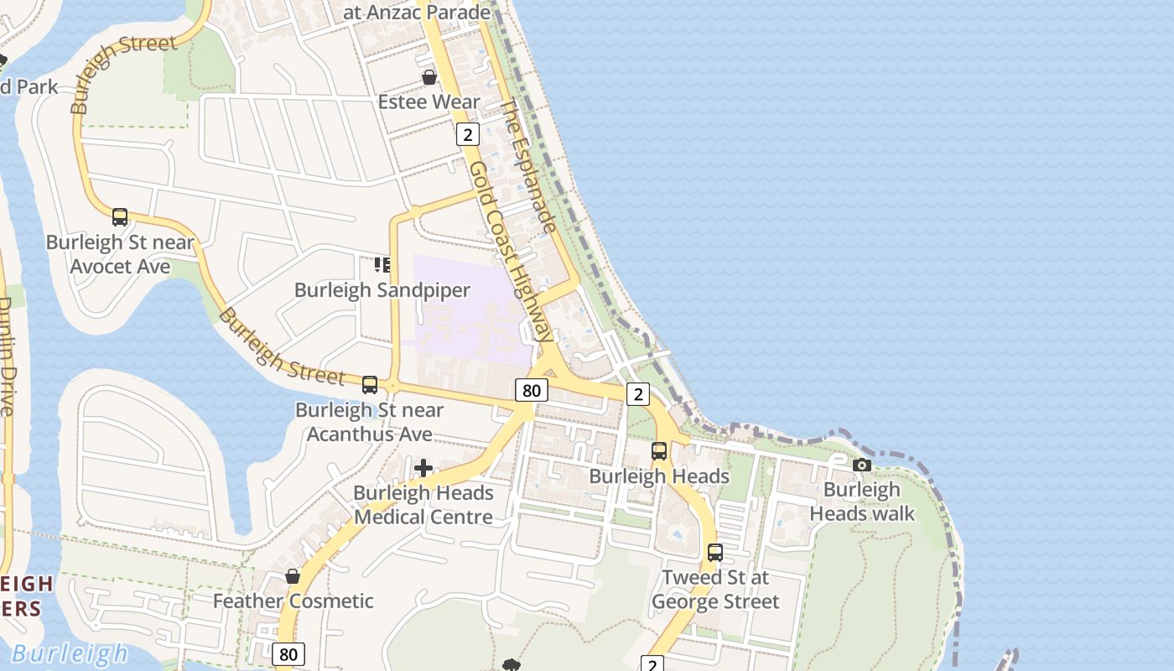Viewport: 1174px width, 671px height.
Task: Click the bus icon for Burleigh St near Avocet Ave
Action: [x=120, y=217]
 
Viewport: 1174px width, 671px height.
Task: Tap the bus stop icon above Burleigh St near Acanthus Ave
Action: [x=370, y=385]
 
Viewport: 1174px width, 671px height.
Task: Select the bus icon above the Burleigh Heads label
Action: [x=659, y=451]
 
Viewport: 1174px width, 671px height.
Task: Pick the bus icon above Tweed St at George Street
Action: [x=715, y=553]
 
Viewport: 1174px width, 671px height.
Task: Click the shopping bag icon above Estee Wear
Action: [x=429, y=77]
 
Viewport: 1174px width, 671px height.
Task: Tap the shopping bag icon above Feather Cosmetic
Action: [x=293, y=576]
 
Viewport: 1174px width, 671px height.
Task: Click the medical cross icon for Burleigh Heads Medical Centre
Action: [x=423, y=468]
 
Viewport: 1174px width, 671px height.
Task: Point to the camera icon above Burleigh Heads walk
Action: [x=861, y=465]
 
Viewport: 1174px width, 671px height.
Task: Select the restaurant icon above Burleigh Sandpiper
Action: [x=382, y=265]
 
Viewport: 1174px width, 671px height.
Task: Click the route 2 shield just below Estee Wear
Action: [x=467, y=133]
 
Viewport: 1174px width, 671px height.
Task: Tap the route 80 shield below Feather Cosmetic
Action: [x=288, y=654]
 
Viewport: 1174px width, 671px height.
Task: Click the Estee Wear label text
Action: [x=429, y=102]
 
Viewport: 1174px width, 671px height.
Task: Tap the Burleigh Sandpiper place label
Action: [x=382, y=290]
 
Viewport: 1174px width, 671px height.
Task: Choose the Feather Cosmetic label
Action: [x=293, y=601]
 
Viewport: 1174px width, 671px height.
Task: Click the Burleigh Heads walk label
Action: [x=862, y=502]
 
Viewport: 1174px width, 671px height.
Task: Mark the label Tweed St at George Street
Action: [x=715, y=590]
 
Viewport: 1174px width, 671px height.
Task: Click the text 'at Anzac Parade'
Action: [x=417, y=13]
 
